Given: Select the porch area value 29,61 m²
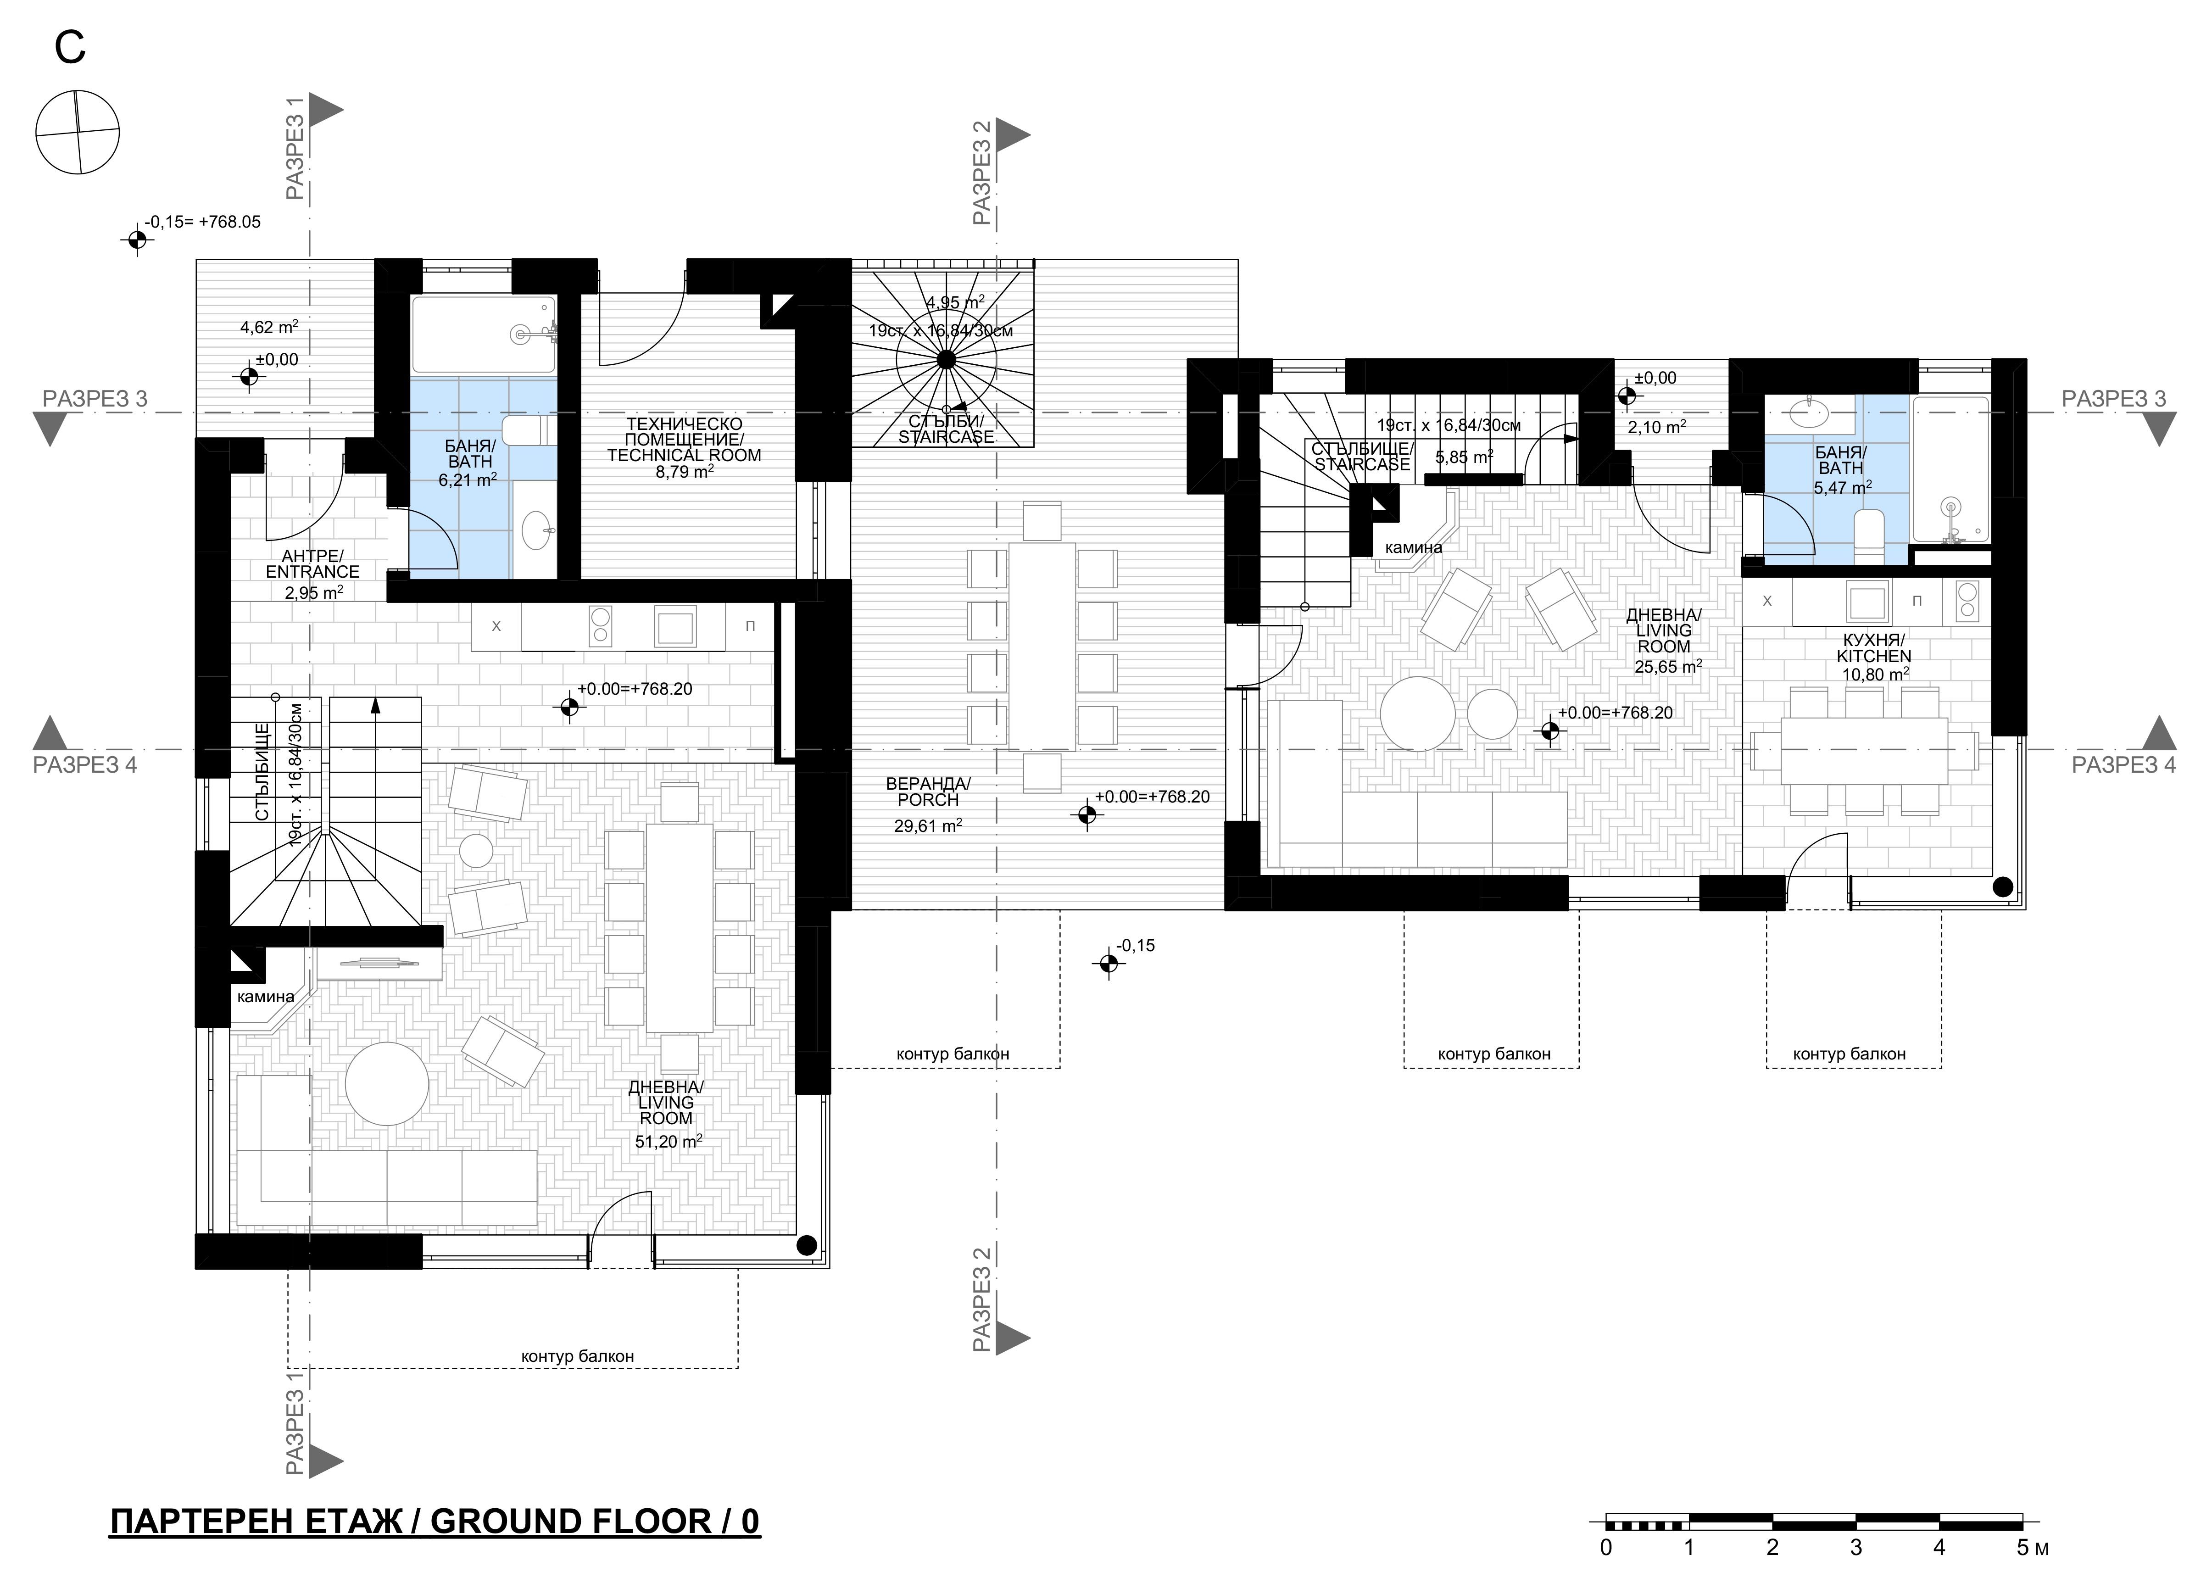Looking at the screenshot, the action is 927,825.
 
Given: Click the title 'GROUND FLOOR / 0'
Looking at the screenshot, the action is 594,1522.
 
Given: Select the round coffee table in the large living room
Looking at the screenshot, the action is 387,1083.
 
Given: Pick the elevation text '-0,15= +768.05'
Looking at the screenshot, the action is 202,222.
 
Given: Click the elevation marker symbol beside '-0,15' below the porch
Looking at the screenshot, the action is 1109,963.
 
